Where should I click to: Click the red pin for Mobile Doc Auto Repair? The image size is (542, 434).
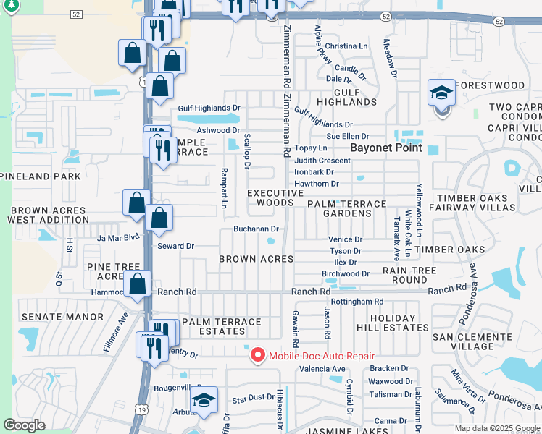click(257, 355)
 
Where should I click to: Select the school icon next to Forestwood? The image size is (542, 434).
click(441, 93)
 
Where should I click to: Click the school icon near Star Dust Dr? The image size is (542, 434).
click(204, 401)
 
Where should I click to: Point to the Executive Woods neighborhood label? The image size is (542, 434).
click(275, 197)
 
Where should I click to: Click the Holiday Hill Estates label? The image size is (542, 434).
click(399, 323)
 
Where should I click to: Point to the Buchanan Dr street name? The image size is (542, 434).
click(256, 229)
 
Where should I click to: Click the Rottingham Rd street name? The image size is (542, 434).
click(357, 301)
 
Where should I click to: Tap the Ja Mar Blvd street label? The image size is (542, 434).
click(118, 237)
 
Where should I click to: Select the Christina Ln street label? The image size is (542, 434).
click(346, 46)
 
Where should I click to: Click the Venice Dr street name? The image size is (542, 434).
click(345, 239)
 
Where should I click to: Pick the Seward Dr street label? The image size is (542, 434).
click(176, 246)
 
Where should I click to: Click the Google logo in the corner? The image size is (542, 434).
click(24, 425)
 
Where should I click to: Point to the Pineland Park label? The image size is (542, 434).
click(41, 176)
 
